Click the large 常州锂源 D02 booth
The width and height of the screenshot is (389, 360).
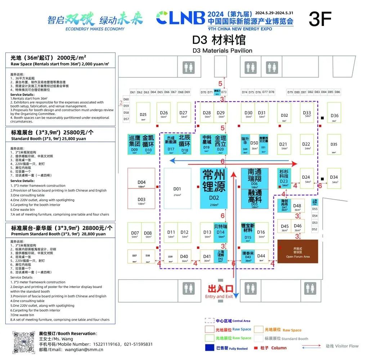click(x=214, y=188)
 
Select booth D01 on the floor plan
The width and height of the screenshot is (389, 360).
click(x=177, y=188)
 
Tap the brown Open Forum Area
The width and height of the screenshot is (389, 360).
click(x=298, y=251)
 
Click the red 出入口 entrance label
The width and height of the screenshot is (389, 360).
click(x=220, y=289)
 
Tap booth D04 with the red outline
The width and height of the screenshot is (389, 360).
click(x=142, y=182)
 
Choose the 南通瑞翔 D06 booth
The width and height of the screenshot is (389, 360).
click(x=254, y=178)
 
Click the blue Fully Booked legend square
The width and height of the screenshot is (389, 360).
click(x=210, y=348)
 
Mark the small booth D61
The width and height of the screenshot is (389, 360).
click(x=133, y=92)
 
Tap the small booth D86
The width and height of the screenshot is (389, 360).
click(x=337, y=92)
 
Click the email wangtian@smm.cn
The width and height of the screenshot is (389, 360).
click(x=81, y=349)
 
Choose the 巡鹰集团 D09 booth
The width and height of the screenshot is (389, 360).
click(x=134, y=144)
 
